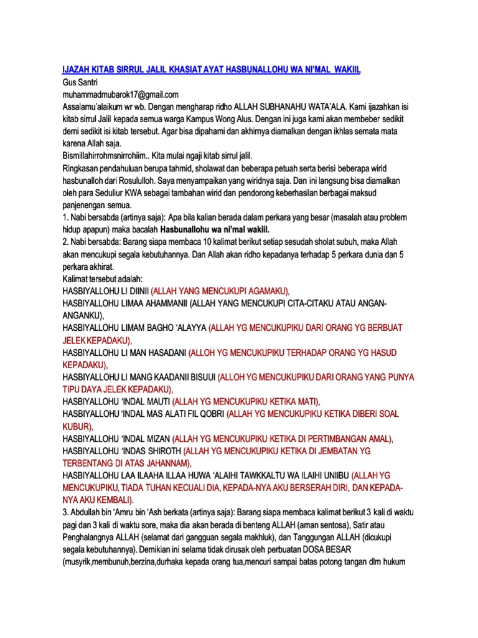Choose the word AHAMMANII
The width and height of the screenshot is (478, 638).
164,302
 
